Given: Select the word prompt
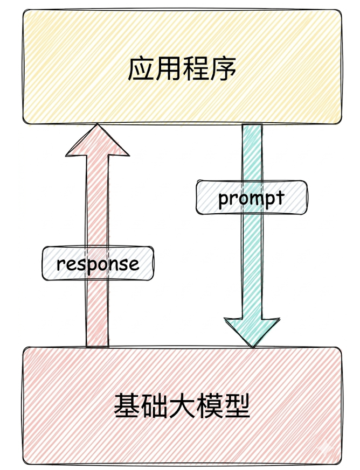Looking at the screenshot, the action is pyautogui.click(x=251, y=199).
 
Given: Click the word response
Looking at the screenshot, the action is pyautogui.click(x=98, y=264).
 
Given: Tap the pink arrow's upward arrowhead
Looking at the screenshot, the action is pyautogui.click(x=97, y=139).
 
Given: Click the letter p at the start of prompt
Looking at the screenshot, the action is pyautogui.click(x=224, y=200).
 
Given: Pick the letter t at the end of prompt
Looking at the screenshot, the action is pyautogui.click(x=280, y=197).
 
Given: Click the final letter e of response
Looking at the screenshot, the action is pyautogui.click(x=134, y=265).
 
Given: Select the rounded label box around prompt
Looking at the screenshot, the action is pyautogui.click(x=252, y=198).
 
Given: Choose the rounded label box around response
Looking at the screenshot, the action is pyautogui.click(x=98, y=263).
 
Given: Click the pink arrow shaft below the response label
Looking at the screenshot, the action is pyautogui.click(x=97, y=314).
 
